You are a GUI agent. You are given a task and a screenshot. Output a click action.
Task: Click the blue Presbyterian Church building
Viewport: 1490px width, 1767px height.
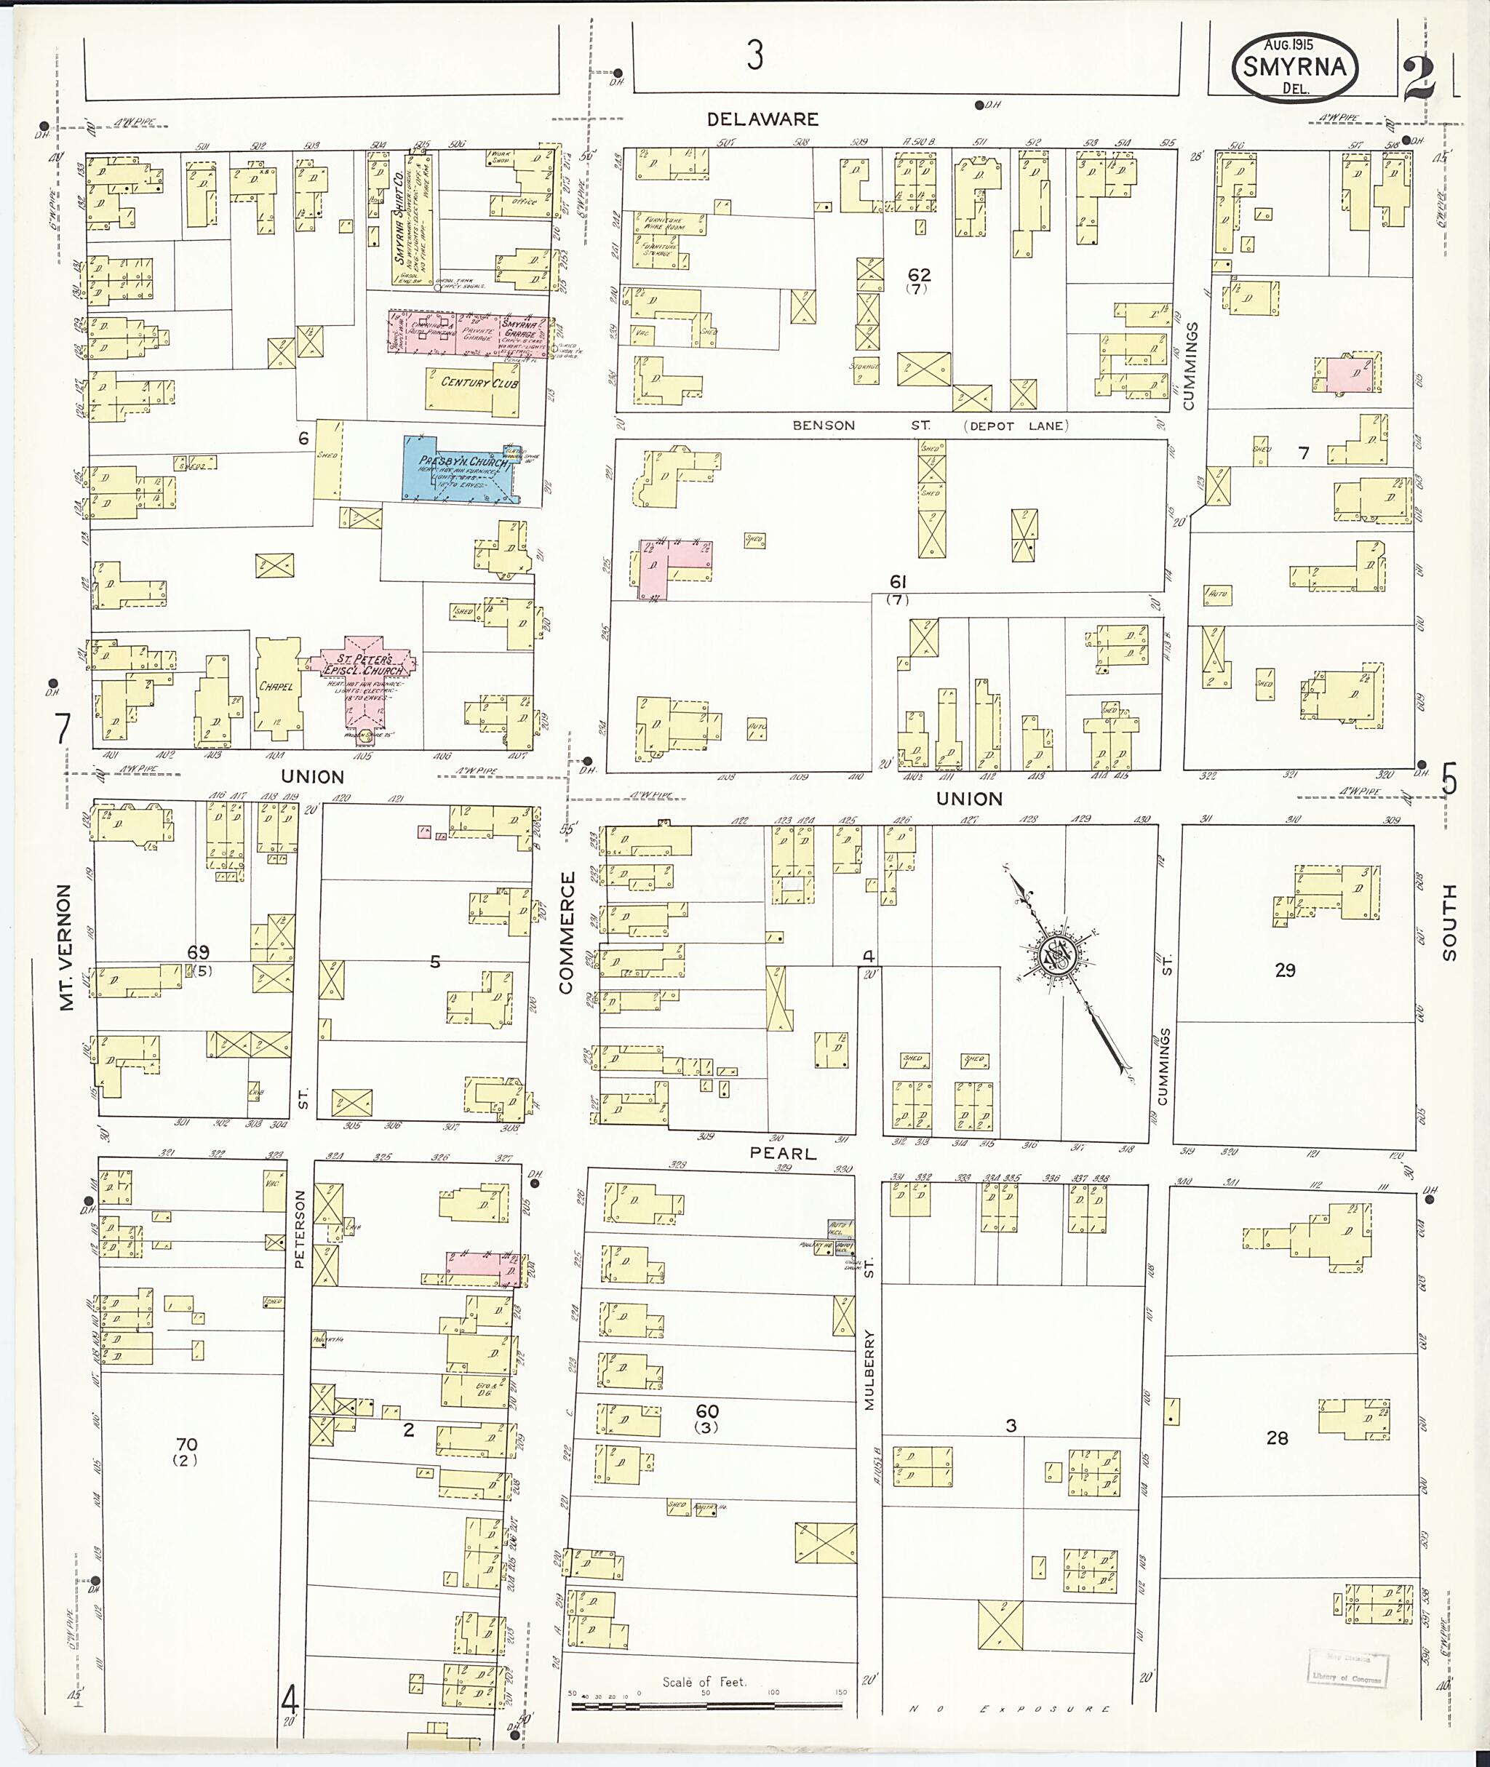pos(461,467)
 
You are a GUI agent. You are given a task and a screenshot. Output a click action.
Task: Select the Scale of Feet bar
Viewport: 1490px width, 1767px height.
pos(706,1706)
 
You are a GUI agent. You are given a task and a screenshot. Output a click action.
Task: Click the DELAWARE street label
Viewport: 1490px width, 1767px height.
pos(762,119)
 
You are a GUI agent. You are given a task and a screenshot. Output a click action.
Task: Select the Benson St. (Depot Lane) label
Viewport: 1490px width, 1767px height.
pos(929,426)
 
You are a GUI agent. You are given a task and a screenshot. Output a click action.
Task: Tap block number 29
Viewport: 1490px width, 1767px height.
pos(1285,970)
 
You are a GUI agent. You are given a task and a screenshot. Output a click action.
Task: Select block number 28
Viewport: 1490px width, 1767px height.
pos(1277,1437)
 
